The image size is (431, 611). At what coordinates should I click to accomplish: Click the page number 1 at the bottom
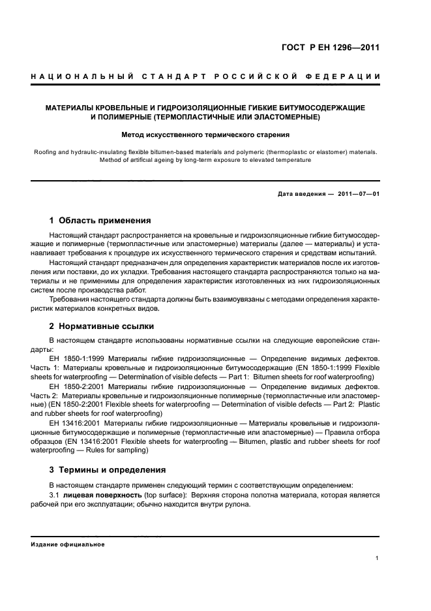pyautogui.click(x=378, y=558)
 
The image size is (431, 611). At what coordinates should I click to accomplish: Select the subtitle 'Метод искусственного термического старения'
pyautogui.click(x=205, y=135)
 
